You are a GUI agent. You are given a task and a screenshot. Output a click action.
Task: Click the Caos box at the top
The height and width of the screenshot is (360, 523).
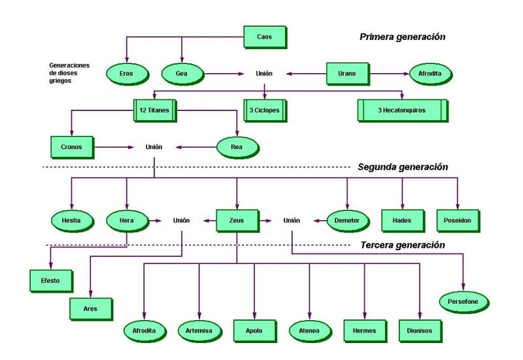(x=265, y=37)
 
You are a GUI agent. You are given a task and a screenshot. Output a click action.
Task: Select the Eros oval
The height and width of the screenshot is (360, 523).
(x=126, y=74)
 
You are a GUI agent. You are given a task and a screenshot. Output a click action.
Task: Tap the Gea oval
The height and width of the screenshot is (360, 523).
(x=181, y=74)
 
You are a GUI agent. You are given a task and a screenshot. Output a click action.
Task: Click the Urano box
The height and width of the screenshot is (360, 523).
(x=347, y=73)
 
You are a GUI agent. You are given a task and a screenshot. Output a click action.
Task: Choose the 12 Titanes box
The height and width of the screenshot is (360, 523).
(x=154, y=110)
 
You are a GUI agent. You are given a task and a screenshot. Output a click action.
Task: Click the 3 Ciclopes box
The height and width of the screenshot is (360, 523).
(x=264, y=110)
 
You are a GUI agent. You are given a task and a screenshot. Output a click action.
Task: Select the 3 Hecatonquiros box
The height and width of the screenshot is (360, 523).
(x=401, y=110)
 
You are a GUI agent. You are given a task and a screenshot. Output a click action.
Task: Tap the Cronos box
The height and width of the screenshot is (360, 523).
(x=72, y=147)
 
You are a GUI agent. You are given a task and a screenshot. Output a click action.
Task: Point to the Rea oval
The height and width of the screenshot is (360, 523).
(x=237, y=147)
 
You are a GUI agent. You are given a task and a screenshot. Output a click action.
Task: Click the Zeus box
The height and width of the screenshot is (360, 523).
(x=237, y=220)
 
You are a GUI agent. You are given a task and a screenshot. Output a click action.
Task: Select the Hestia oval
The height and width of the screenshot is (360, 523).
(x=72, y=221)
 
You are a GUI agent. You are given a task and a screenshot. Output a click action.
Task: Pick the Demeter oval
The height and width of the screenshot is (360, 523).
(x=347, y=221)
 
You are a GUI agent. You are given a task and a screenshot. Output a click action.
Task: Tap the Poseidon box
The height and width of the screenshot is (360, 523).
(x=458, y=220)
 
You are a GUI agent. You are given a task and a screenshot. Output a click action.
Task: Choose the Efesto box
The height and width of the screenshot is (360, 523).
(x=51, y=280)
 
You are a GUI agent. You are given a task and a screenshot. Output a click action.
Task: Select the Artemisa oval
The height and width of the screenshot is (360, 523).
(x=199, y=331)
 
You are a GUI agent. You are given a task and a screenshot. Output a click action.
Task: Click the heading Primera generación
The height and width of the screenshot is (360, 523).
(x=402, y=37)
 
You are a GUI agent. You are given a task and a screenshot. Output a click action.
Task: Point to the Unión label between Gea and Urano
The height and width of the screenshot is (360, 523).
(x=264, y=74)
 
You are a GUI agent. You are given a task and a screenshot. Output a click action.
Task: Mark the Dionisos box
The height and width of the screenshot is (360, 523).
(x=420, y=331)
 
